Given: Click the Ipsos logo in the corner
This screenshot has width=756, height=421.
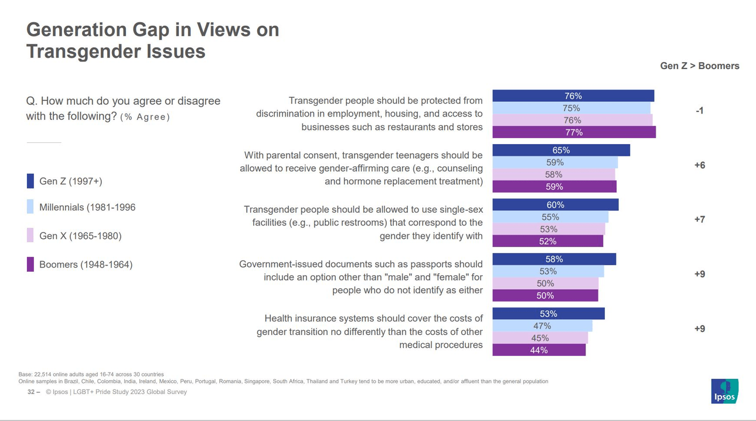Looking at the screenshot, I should [x=724, y=391].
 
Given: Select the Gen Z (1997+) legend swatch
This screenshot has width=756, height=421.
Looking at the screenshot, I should [x=30, y=181].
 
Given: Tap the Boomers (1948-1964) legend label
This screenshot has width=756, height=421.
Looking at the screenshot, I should [x=86, y=265].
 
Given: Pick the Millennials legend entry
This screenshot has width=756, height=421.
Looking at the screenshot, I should [x=87, y=207].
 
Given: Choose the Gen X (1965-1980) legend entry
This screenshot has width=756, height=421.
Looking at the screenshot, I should [x=80, y=236].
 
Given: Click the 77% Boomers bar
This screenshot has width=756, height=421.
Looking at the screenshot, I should [x=574, y=132].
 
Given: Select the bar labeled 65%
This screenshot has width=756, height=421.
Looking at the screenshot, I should [x=561, y=150].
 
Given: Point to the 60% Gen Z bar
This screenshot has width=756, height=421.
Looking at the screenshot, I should [x=555, y=205].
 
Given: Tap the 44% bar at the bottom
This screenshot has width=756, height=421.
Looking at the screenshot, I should [x=539, y=350].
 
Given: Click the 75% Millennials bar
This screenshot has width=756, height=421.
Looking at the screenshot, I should [x=571, y=108].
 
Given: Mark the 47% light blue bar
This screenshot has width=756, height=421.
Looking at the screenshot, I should [x=542, y=326].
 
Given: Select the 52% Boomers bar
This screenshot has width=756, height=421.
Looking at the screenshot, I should [x=547, y=241].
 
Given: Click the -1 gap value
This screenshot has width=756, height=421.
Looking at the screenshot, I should [x=699, y=111].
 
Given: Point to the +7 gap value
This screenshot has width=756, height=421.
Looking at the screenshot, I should [x=699, y=220].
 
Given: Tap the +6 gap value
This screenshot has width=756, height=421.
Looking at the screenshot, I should [x=699, y=165].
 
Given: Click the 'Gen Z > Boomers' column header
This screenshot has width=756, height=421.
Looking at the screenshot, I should [x=699, y=66].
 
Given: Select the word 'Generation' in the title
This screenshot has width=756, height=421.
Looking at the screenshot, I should [x=77, y=30].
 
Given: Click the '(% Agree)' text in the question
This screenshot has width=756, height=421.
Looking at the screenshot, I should [x=145, y=117].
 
